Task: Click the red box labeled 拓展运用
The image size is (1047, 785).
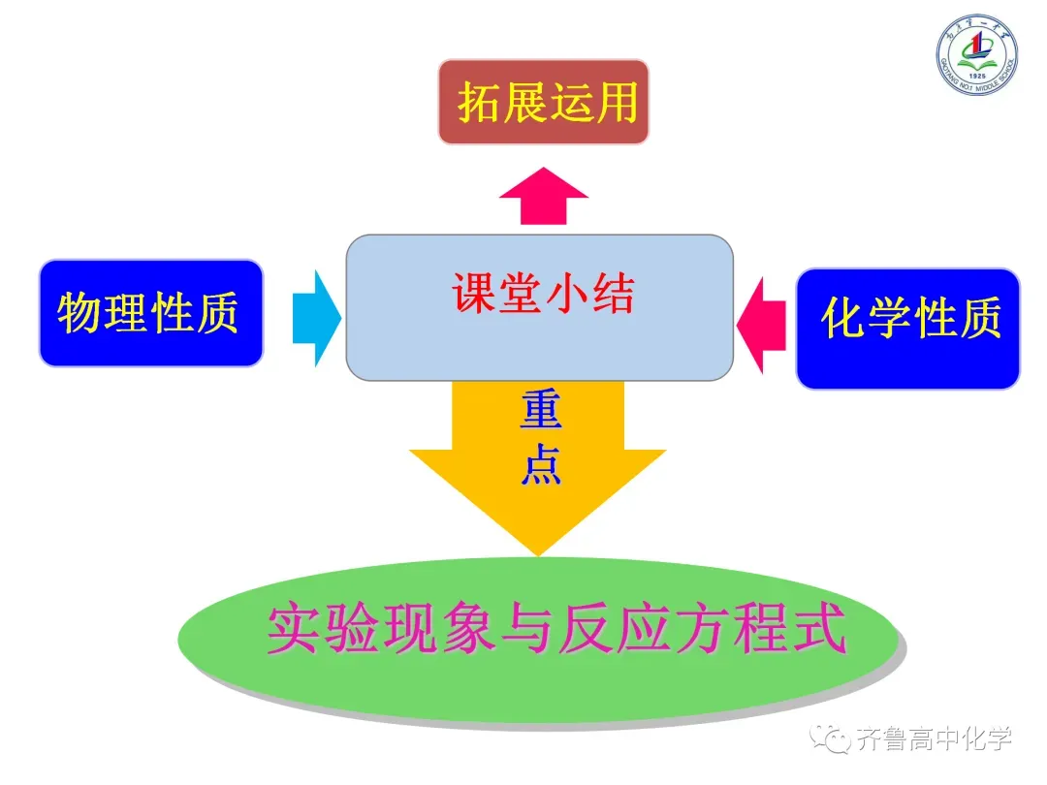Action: tap(543, 102)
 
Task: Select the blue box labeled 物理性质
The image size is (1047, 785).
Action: tap(150, 313)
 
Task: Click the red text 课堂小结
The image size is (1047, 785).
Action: tap(543, 292)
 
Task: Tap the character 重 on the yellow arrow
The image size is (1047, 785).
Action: tap(540, 412)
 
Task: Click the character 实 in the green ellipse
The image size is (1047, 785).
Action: tap(292, 631)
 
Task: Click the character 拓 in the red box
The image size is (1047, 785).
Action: tap(481, 102)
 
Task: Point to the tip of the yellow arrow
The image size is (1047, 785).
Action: tap(538, 552)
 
